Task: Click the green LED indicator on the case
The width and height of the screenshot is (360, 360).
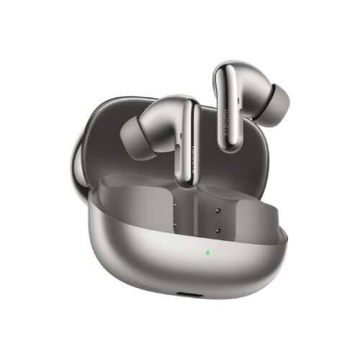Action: point(207,253)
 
